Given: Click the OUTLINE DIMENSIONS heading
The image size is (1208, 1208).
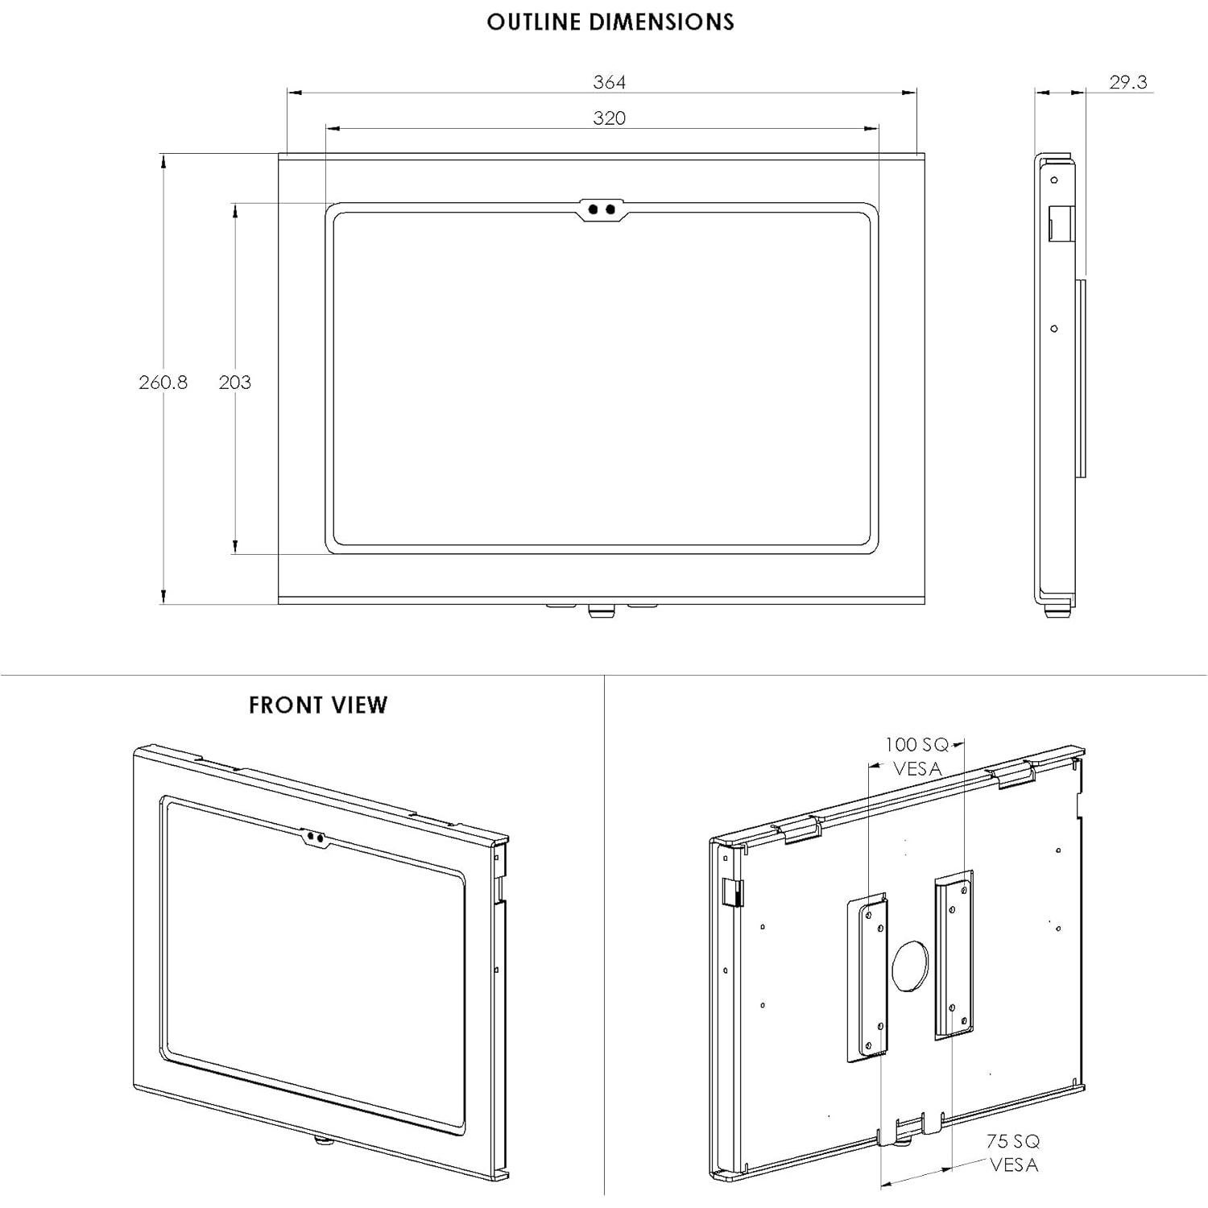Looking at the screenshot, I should pyautogui.click(x=610, y=22).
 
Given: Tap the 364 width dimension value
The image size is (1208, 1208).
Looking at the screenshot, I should pyautogui.click(x=609, y=82).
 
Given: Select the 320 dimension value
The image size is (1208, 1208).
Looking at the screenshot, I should pyautogui.click(x=609, y=118).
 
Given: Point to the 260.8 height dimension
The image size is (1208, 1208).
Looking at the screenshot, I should pyautogui.click(x=163, y=383).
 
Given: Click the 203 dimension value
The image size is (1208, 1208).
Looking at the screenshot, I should pyautogui.click(x=234, y=383).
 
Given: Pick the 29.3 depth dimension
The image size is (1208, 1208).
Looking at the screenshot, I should pyautogui.click(x=1127, y=82).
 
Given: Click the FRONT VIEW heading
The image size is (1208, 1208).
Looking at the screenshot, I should pyautogui.click(x=318, y=705).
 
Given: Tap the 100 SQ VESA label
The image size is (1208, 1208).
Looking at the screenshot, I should pyautogui.click(x=917, y=756).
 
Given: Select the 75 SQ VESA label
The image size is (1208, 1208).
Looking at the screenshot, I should pyautogui.click(x=1013, y=1152).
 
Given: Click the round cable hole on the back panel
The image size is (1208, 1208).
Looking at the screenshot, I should pyautogui.click(x=910, y=965).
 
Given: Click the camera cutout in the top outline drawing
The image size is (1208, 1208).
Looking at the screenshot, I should pyautogui.click(x=602, y=209).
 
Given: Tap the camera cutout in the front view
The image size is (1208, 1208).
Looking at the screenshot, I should pyautogui.click(x=316, y=838).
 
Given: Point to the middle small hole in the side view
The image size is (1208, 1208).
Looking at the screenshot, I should pyautogui.click(x=1054, y=329).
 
